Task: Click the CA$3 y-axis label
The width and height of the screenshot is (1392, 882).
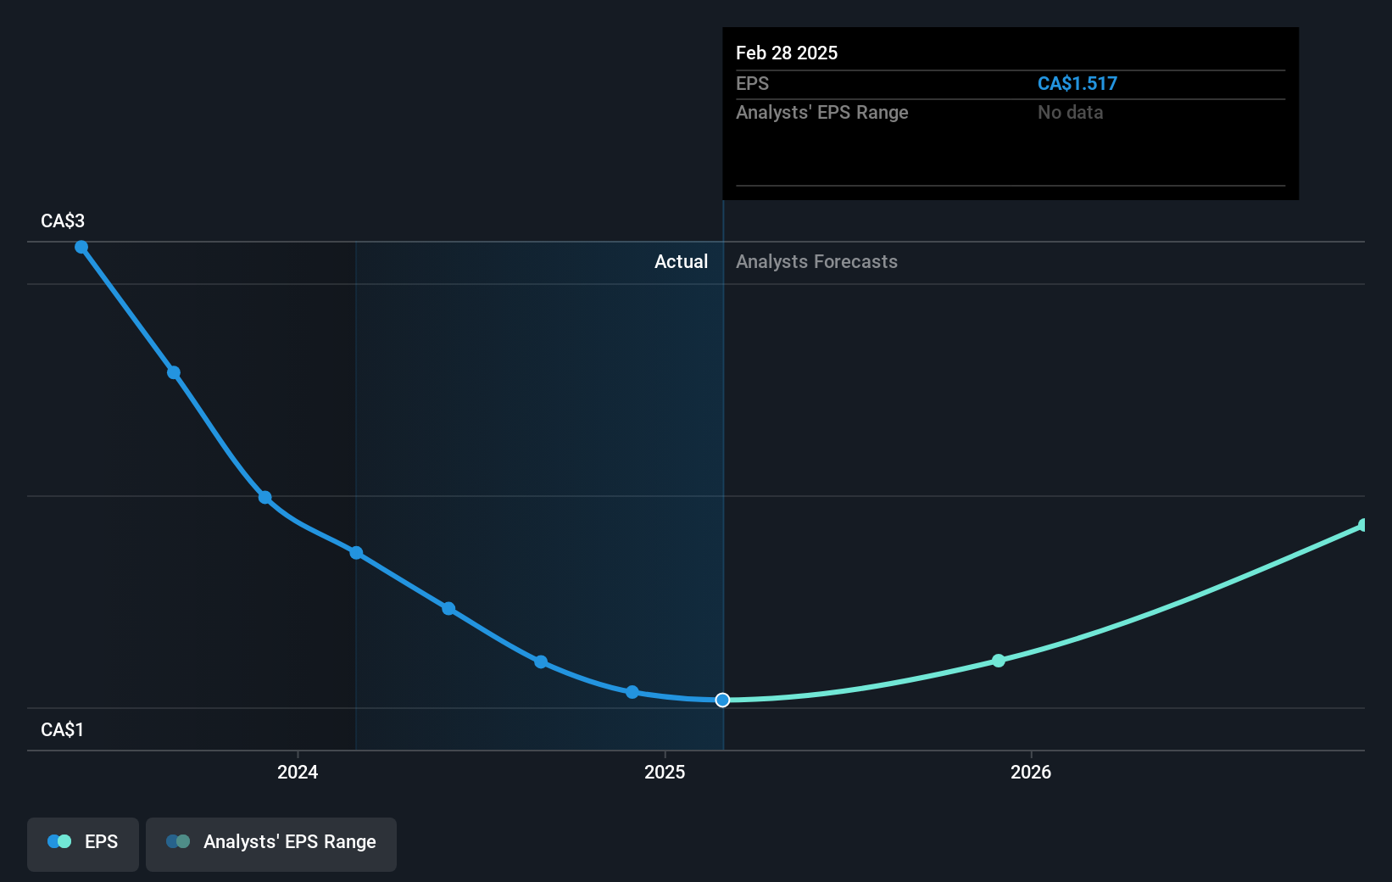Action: tap(63, 221)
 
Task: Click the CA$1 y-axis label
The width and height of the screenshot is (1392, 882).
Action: tap(63, 730)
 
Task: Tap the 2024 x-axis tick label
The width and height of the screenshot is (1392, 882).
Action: tap(298, 772)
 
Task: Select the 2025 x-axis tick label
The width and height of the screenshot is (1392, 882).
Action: tap(665, 772)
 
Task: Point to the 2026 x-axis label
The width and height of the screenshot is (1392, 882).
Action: tap(1031, 772)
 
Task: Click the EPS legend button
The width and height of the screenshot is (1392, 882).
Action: tap(83, 842)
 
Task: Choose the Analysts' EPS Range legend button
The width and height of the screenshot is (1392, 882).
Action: tap(271, 842)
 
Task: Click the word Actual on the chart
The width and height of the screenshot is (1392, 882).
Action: tap(681, 262)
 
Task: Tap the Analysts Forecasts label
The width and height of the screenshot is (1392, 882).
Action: tap(816, 262)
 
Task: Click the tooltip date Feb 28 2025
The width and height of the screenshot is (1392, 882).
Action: tap(787, 53)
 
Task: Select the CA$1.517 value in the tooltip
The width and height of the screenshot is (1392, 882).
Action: tap(1077, 84)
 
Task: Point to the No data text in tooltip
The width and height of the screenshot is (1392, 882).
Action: tap(1070, 113)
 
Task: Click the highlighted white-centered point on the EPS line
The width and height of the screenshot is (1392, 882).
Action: tap(722, 700)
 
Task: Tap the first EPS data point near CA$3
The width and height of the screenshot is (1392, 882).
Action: tap(81, 248)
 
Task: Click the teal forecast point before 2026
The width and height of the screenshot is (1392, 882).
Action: tap(999, 661)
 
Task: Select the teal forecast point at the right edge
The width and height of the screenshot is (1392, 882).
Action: tap(1363, 526)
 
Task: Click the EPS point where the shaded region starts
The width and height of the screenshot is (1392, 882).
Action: tap(356, 553)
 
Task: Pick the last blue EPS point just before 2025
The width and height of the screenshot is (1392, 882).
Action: tap(632, 692)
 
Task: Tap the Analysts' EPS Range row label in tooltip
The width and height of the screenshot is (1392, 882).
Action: tap(821, 113)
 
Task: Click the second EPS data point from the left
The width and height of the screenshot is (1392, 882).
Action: tap(173, 372)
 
